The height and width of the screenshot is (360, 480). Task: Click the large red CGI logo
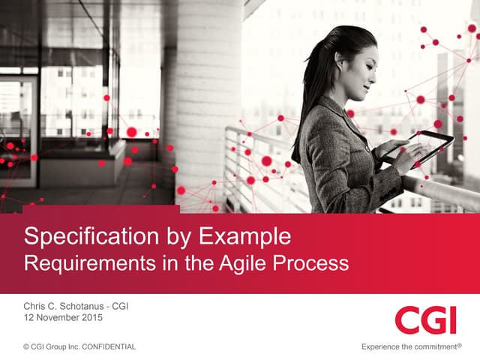tap(425, 320)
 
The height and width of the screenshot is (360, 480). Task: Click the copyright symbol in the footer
tap(26, 346)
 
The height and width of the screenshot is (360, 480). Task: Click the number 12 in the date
tap(29, 318)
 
